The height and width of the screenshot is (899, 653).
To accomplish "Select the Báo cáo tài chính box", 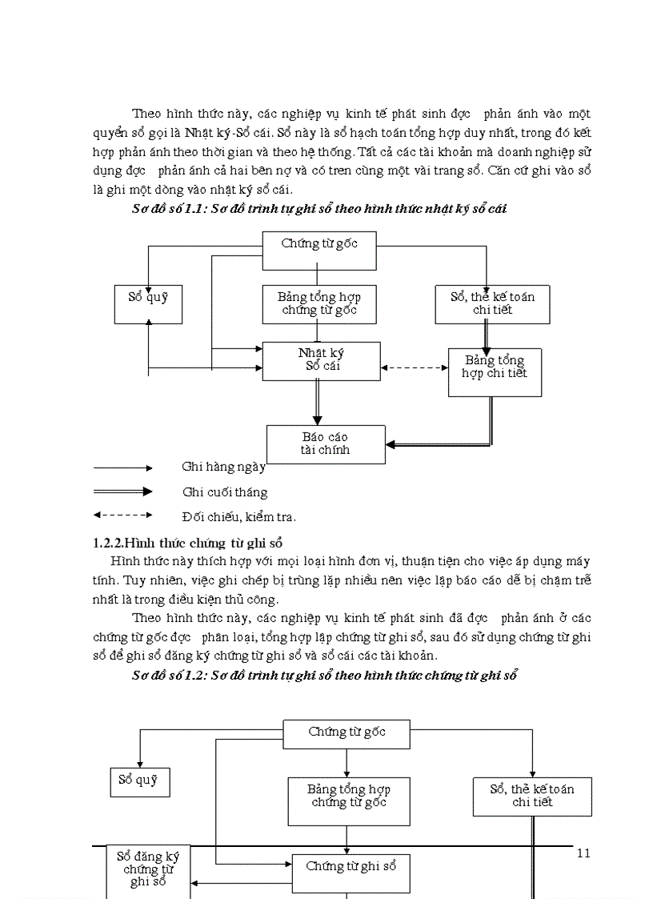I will coord(326,443).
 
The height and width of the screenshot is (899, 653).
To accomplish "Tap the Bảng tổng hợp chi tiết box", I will coord(495,372).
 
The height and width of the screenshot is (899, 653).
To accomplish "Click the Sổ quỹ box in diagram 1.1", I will coord(148,304).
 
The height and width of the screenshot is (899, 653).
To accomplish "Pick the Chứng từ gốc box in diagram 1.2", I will coord(347,733).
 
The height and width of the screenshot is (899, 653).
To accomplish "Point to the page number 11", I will coord(583,853).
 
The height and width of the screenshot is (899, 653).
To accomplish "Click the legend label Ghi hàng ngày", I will coord(223,467).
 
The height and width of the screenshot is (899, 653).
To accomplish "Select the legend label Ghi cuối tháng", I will coord(225,492).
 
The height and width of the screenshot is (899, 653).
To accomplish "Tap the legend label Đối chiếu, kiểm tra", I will coord(239,517).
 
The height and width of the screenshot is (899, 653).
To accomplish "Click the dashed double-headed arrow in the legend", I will coord(122,516).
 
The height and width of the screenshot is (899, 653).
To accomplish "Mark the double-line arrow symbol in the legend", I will coord(122,492).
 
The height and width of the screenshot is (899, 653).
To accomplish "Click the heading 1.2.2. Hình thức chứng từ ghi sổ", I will coord(182,543).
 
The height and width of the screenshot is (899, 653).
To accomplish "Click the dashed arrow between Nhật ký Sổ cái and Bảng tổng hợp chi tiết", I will coord(414,368).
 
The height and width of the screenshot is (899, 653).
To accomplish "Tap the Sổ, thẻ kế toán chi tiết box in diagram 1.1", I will coord(492,304).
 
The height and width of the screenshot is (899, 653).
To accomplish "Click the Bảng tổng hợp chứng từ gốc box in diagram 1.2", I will coord(349,801).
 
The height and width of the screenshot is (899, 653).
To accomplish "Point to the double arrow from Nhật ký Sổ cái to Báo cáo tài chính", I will coord(318,402).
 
